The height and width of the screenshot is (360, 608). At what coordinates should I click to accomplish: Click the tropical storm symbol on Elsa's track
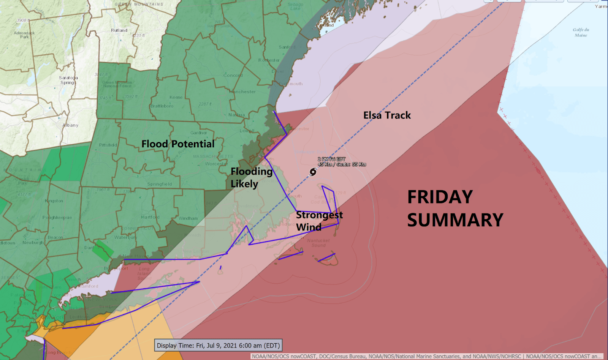click(x=313, y=172)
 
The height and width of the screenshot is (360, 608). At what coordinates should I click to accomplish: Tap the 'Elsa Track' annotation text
click(x=387, y=115)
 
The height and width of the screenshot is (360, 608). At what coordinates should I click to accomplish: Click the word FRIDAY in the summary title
click(x=440, y=197)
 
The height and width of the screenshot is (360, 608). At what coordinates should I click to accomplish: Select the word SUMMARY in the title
click(x=455, y=220)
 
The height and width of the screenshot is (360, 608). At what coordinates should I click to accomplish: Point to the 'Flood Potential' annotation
click(x=178, y=144)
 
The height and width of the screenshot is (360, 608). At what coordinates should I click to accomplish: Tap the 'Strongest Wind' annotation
click(x=319, y=221)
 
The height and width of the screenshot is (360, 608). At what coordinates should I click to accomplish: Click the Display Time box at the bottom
click(x=218, y=346)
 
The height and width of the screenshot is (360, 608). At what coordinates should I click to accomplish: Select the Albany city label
click(x=70, y=125)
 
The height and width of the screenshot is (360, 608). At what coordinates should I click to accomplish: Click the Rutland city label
click(x=119, y=30)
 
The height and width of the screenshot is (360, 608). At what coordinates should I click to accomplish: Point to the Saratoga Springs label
click(x=68, y=80)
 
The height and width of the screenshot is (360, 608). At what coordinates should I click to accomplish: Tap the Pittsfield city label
click(x=108, y=145)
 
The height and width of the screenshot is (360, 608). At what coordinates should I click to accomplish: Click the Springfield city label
click(x=159, y=184)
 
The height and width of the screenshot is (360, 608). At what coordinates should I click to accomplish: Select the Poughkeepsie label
click(x=57, y=218)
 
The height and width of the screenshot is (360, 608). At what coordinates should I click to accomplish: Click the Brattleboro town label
click(x=161, y=106)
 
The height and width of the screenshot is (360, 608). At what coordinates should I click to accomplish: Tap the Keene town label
click(x=176, y=97)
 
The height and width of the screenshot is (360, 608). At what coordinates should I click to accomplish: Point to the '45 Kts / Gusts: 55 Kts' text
click(x=342, y=164)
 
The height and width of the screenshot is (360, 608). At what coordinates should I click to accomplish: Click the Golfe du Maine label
click(x=581, y=32)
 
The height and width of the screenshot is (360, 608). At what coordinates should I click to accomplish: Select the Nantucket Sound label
click(x=318, y=243)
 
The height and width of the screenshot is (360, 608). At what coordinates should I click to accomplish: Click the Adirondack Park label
click(x=24, y=35)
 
